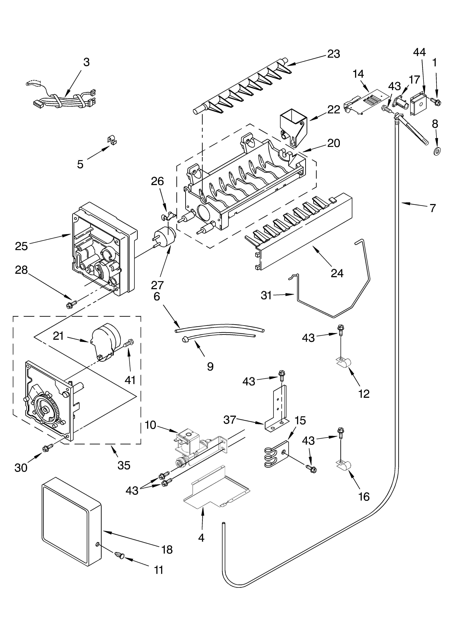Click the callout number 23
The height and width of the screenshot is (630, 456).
(x=334, y=54)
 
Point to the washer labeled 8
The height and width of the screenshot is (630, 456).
(x=437, y=151)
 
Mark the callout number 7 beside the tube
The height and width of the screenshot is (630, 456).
(x=433, y=208)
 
